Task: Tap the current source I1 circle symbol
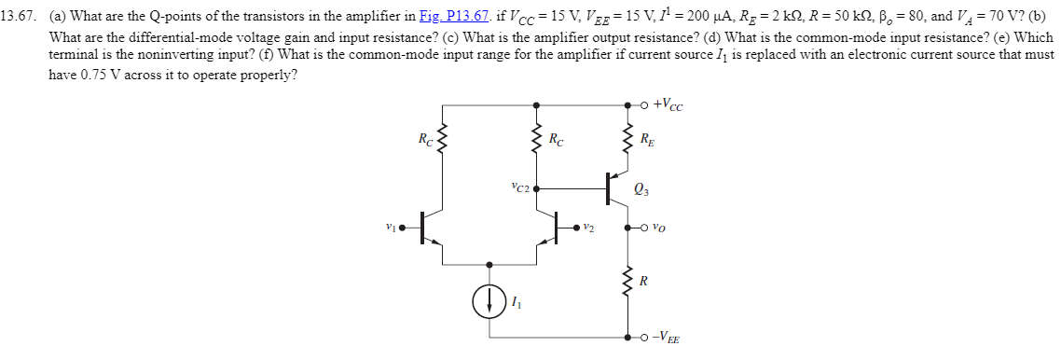click(x=488, y=300)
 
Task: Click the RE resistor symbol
click(x=627, y=142)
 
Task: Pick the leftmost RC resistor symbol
click(x=441, y=142)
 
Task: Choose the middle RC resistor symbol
click(x=536, y=142)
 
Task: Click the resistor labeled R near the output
click(x=627, y=281)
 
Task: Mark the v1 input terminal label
click(x=391, y=226)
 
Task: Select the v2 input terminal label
click(x=589, y=226)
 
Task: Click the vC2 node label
click(x=520, y=187)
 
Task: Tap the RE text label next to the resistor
click(x=647, y=142)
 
